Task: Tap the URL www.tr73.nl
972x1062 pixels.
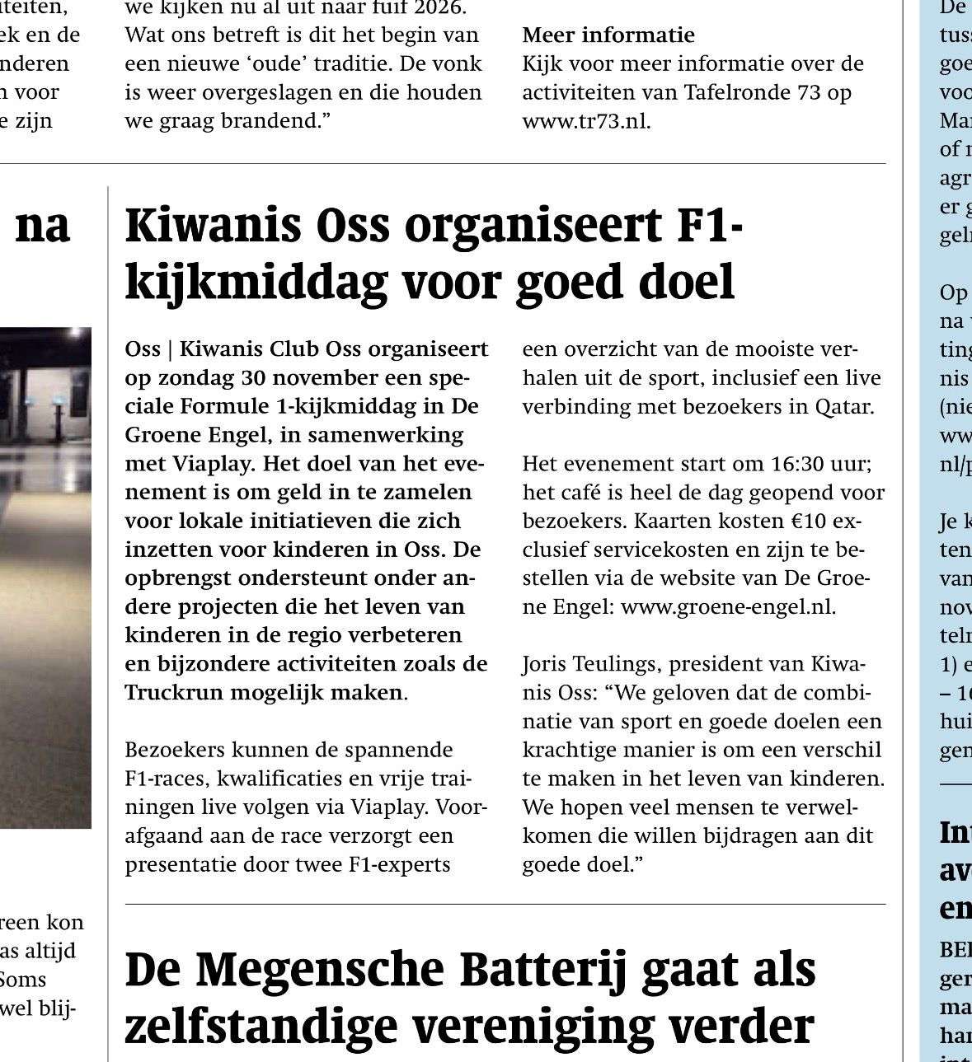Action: point(585,121)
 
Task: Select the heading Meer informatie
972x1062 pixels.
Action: point(608,35)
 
